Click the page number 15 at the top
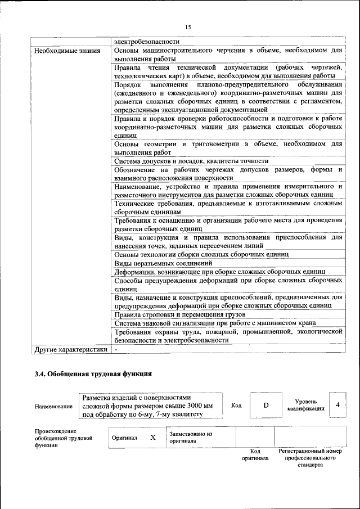(x=188, y=27)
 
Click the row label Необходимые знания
(x=67, y=50)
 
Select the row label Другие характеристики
(x=70, y=349)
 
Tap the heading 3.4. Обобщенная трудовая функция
(x=93, y=373)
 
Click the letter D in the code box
(x=266, y=406)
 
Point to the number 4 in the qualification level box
(x=337, y=405)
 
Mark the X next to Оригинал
(x=152, y=437)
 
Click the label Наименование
(x=53, y=406)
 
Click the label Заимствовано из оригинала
(x=190, y=438)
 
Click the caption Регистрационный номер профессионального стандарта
(x=310, y=458)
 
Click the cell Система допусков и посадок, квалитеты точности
(x=191, y=161)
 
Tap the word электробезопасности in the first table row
(x=147, y=41)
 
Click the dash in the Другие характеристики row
(x=116, y=349)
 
